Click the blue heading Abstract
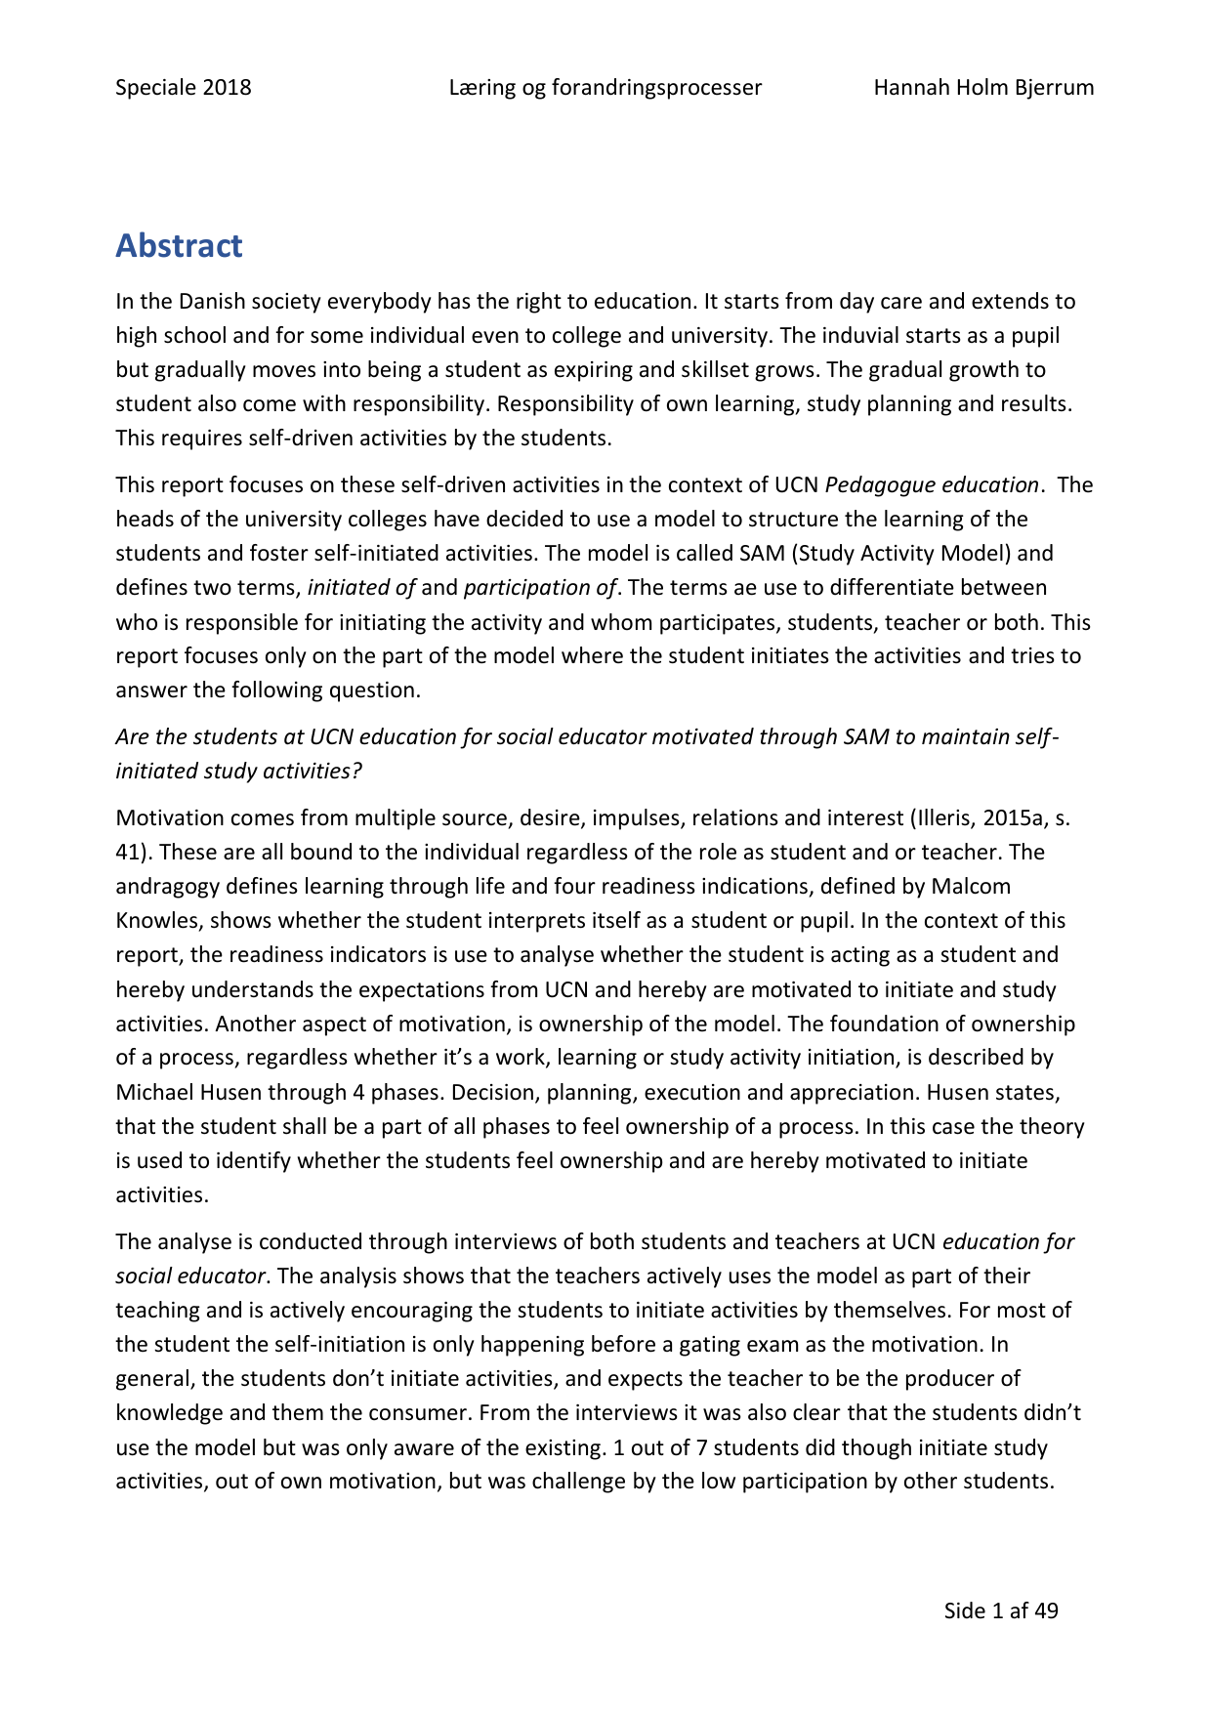(x=179, y=245)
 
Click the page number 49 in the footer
(x=1046, y=1610)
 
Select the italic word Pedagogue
(x=881, y=484)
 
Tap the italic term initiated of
(x=361, y=588)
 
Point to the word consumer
(x=425, y=1412)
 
